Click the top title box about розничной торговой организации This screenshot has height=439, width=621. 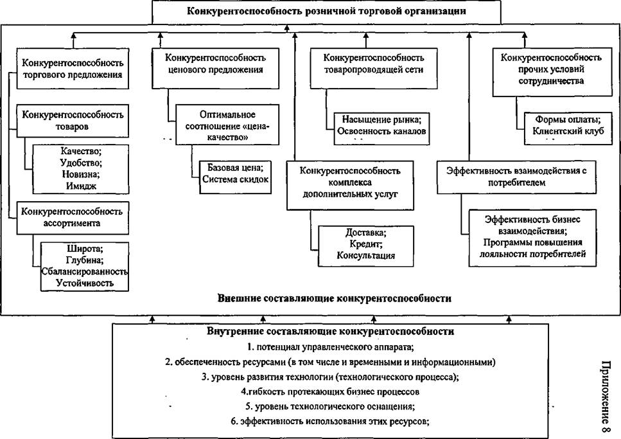[x=326, y=12]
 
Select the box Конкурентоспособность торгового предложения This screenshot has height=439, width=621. [x=73, y=69]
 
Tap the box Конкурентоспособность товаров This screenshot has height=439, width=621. [x=73, y=121]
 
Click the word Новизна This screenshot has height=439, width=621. [x=81, y=174]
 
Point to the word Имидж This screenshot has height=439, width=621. [x=81, y=186]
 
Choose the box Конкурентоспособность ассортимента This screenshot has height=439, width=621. [x=73, y=218]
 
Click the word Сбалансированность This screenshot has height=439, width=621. [x=84, y=272]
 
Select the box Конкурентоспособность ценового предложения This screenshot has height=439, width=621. [x=215, y=68]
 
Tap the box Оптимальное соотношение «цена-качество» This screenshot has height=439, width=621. [x=227, y=125]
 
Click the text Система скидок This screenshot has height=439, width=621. [x=235, y=179]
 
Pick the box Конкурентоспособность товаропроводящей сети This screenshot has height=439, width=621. [x=374, y=68]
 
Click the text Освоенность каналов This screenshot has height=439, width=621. [x=381, y=131]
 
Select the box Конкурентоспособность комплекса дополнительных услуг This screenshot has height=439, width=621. [x=350, y=185]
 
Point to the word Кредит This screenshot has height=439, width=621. [x=366, y=244]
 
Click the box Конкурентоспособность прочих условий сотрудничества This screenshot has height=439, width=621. [x=552, y=72]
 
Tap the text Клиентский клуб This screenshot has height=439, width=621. [x=568, y=131]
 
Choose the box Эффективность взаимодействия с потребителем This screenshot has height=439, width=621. [x=516, y=177]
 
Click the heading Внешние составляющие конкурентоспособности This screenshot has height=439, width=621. [x=335, y=298]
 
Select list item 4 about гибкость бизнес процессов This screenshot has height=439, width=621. [x=330, y=392]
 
